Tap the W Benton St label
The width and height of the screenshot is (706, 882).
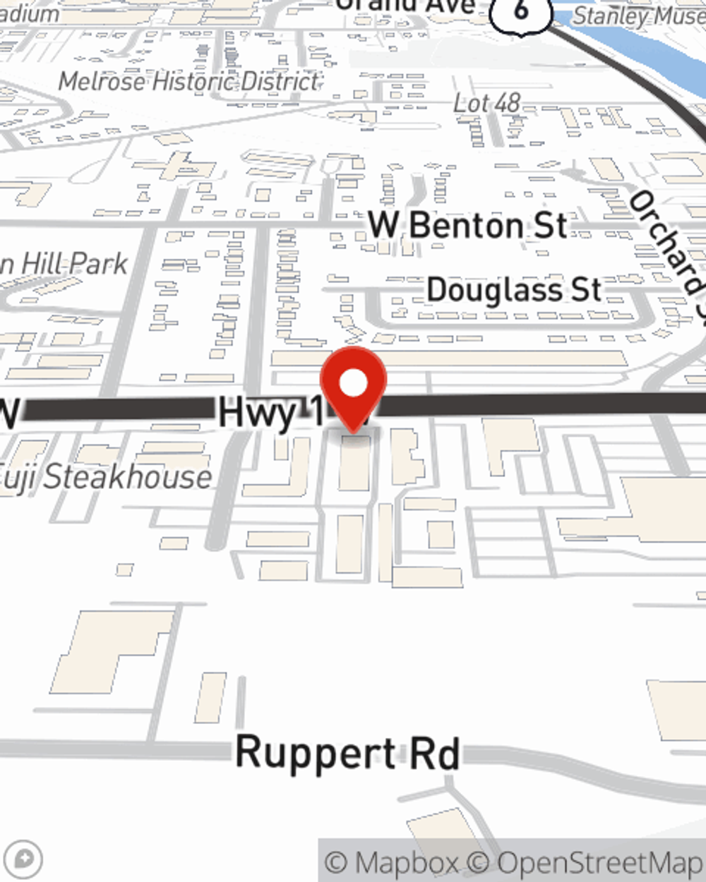pyautogui.click(x=468, y=226)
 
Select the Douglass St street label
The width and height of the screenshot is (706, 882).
pyautogui.click(x=514, y=290)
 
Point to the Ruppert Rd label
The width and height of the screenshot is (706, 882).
pyautogui.click(x=347, y=753)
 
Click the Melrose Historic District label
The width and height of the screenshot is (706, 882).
pyautogui.click(x=189, y=82)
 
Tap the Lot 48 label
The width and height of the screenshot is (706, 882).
pyautogui.click(x=486, y=104)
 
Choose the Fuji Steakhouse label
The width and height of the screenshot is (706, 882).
pyautogui.click(x=106, y=478)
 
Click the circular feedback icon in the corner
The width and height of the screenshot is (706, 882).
pyautogui.click(x=23, y=859)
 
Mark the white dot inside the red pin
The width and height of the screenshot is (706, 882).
pyautogui.click(x=354, y=384)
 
